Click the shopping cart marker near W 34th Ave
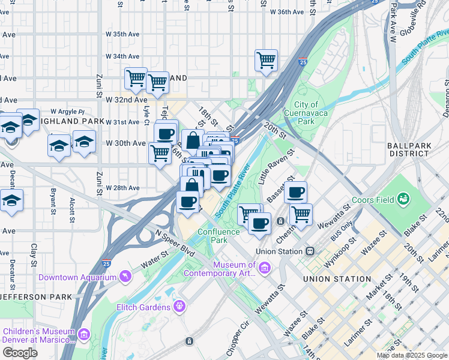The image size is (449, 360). coord(266,60)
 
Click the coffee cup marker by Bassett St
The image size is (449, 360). coord(295,193)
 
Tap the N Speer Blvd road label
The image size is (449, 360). coord(175,242)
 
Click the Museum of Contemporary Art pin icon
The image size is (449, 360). coord(265,267)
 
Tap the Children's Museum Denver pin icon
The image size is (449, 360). coord(83,334)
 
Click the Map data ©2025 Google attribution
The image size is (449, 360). coord(411,355)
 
